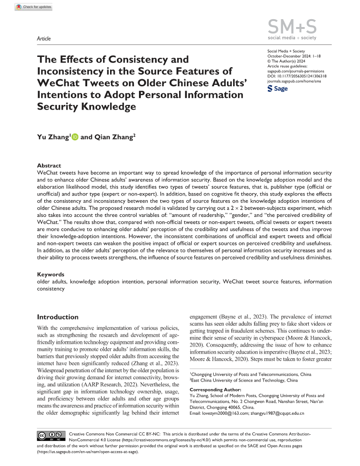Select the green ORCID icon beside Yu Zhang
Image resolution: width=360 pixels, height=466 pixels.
pyautogui.click(x=75, y=137)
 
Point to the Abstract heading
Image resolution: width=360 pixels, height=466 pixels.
pyautogui.click(x=49, y=165)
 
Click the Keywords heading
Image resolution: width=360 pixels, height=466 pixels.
pyautogui.click(x=51, y=275)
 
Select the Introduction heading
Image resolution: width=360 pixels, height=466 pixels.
pyautogui.click(x=58, y=317)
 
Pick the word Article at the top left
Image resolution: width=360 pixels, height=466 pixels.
pyautogui.click(x=44, y=39)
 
